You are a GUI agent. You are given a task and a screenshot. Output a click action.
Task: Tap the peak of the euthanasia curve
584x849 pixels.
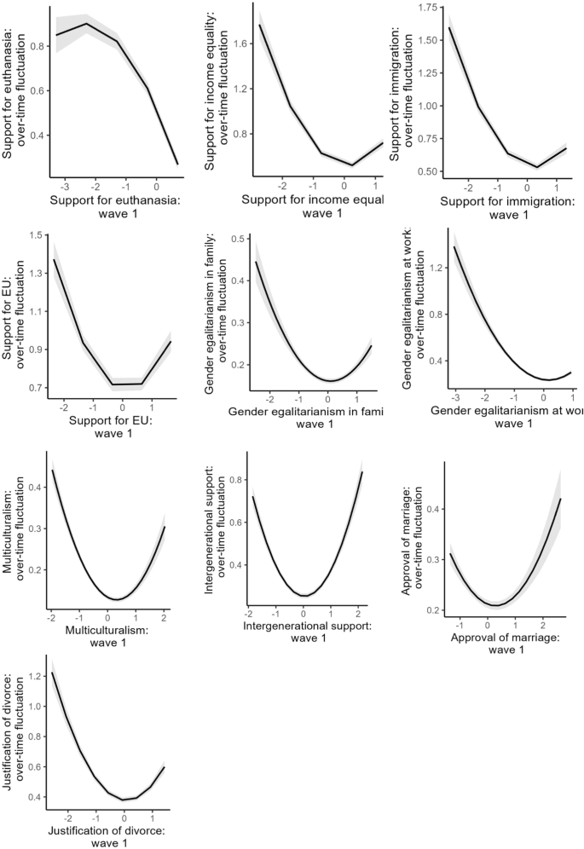87,23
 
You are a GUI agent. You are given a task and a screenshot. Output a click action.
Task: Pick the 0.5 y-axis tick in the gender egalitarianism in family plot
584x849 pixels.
234,238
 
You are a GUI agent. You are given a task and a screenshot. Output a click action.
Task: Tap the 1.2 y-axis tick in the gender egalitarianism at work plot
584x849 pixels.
432,269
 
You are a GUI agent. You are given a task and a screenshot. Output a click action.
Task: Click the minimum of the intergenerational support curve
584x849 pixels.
304,595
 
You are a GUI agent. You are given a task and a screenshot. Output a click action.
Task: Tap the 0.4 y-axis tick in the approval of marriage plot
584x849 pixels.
432,509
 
